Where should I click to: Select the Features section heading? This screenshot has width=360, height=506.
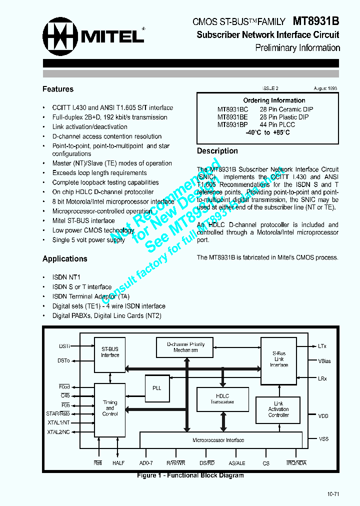coord(58,89)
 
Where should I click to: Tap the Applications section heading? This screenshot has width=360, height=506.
coord(65,258)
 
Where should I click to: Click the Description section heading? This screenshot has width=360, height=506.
coord(217,151)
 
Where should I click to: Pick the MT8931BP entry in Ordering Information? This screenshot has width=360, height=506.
coord(232,124)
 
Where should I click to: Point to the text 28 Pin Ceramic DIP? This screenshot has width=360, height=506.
coord(286,109)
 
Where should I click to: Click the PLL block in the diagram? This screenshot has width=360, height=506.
coord(157,387)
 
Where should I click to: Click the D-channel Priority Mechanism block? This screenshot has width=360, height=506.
coord(185,347)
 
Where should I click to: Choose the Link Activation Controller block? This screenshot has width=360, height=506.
coord(278,409)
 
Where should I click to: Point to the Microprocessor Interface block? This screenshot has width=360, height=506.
coord(218,440)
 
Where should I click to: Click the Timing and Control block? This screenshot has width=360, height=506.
coord(110,408)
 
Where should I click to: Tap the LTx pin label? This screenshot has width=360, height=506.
coord(322,346)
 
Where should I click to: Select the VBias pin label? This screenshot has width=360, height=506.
coord(324,361)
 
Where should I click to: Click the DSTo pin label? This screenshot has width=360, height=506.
coord(63,360)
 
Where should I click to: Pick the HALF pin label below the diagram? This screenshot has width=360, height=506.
coord(118,463)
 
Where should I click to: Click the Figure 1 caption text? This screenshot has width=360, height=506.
coord(190,475)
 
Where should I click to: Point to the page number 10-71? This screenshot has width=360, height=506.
coord(333,494)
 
